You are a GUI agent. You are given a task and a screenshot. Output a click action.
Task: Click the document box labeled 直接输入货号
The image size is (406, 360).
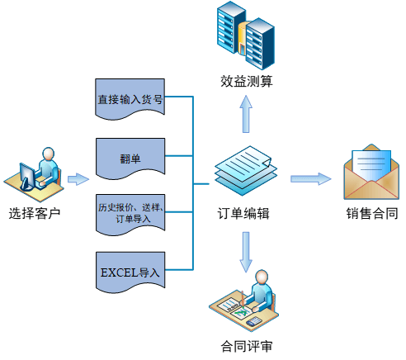click(130, 99)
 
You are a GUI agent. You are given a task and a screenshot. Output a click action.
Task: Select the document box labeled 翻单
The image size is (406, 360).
click(130, 159)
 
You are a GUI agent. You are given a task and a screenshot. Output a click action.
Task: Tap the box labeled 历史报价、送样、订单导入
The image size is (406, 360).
click(130, 215)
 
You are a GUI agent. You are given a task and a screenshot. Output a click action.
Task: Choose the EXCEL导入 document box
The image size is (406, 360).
click(130, 272)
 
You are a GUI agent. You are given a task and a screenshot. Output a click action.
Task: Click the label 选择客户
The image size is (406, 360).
click(35, 214)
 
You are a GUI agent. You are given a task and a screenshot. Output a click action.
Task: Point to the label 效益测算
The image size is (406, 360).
click(247, 82)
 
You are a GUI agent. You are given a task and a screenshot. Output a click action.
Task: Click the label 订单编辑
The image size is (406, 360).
click(243, 214)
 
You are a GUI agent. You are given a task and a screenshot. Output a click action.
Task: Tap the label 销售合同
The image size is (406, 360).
click(372, 214)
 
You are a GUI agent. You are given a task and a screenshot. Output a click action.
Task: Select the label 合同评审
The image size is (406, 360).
click(247, 346)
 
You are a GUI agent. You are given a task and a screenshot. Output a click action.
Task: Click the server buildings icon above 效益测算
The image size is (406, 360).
click(245, 36)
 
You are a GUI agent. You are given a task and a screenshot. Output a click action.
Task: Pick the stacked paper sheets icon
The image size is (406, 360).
click(246, 171)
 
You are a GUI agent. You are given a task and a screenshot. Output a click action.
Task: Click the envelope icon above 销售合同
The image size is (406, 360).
click(371, 172)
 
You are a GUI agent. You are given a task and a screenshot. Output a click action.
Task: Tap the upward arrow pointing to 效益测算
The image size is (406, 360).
click(246, 114)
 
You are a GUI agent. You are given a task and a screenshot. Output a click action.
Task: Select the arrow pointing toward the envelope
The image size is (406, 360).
click(311, 179)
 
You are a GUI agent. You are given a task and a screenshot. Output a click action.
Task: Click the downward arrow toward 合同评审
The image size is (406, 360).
click(246, 252)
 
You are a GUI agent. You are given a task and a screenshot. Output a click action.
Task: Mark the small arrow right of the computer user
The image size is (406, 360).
click(78, 179)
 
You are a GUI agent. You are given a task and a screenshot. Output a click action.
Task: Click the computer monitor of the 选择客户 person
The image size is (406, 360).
click(27, 177)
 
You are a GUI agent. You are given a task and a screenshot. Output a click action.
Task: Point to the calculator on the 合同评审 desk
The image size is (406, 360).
click(253, 321)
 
